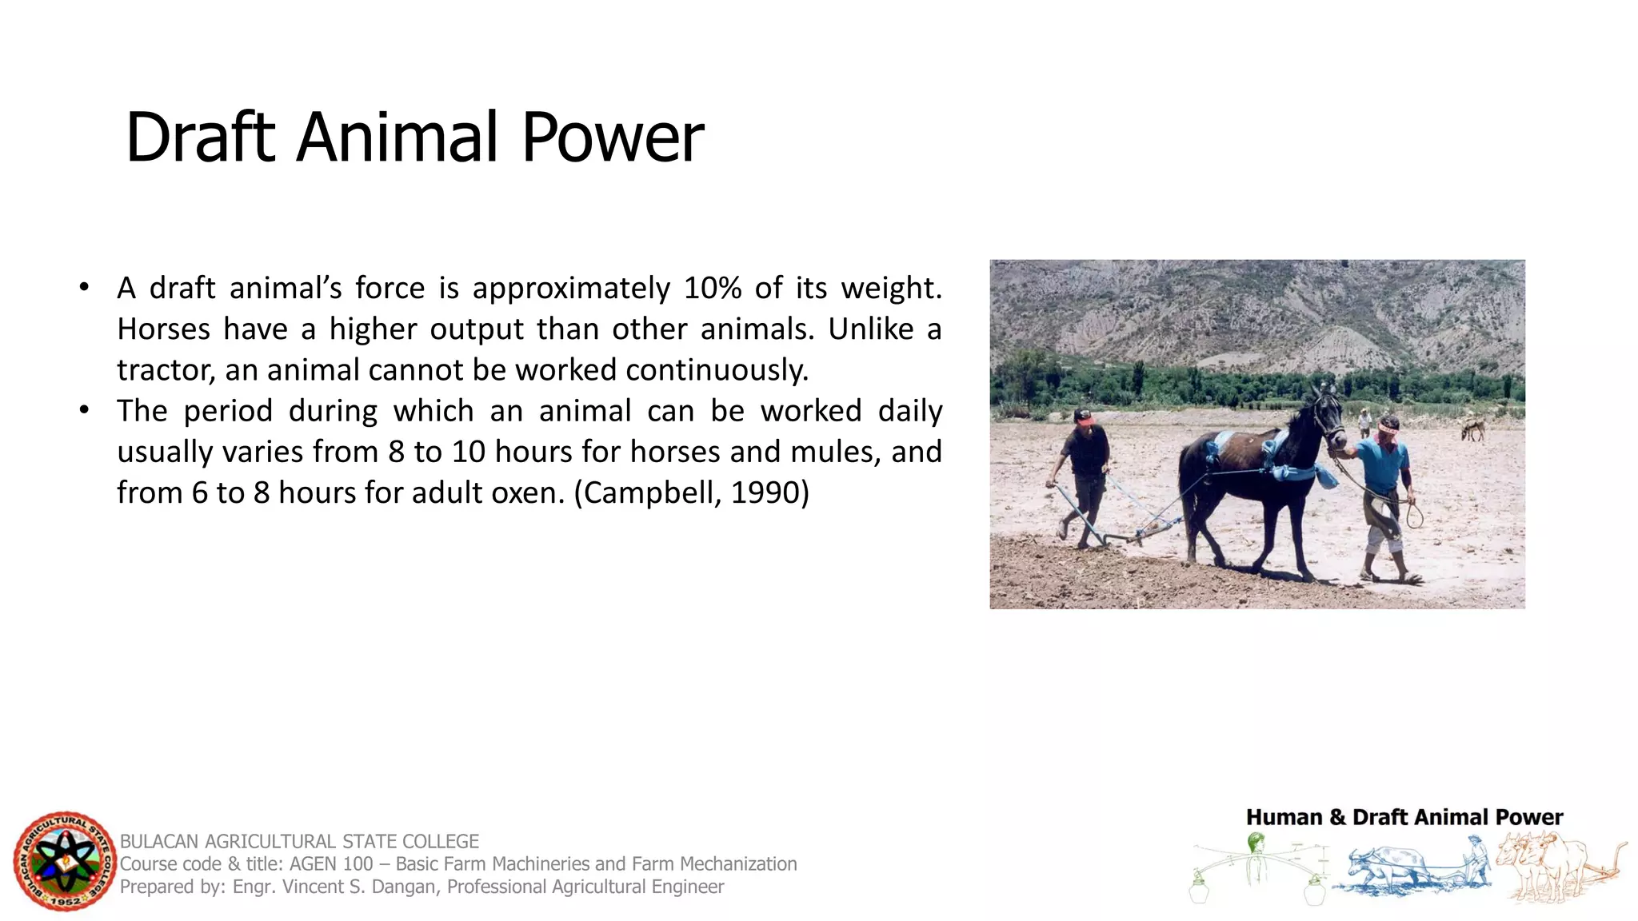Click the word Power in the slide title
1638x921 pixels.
(x=613, y=138)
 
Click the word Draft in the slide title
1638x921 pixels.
(x=200, y=138)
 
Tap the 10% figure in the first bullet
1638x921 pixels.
(x=713, y=288)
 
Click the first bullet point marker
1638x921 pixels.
(x=84, y=287)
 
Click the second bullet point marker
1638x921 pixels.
(x=84, y=410)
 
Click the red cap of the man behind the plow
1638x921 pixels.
(x=1083, y=417)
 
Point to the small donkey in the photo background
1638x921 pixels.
(x=1472, y=430)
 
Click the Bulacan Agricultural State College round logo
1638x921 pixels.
(x=65, y=861)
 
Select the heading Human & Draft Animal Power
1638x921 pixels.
(x=1404, y=817)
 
